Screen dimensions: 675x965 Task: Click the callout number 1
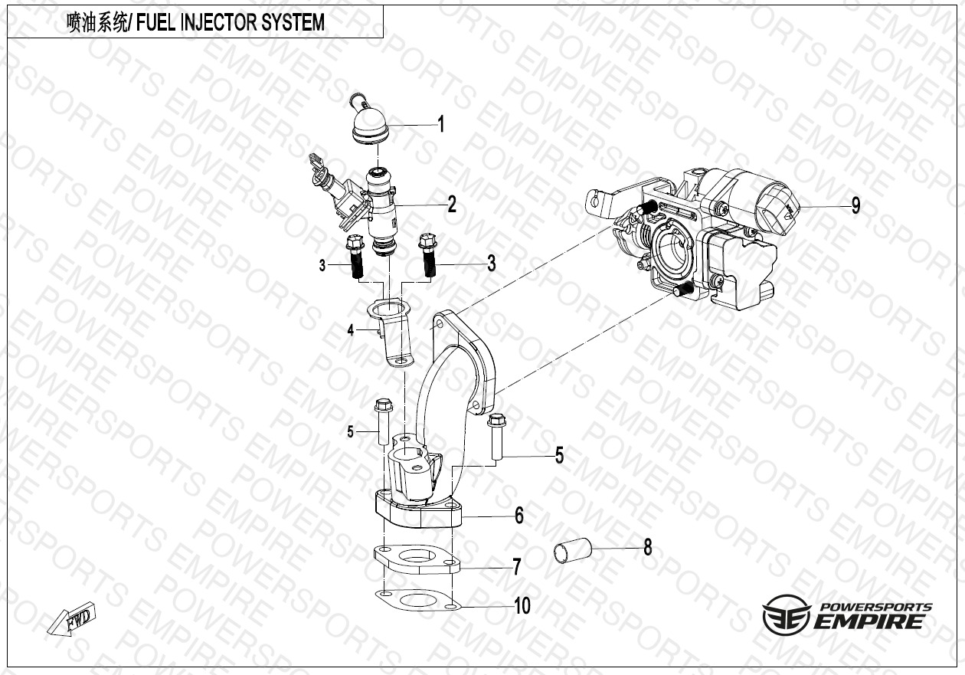[x=440, y=124]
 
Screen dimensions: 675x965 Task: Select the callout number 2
[x=452, y=205]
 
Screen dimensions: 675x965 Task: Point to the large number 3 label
[x=491, y=264]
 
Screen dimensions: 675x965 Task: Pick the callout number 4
[x=351, y=331]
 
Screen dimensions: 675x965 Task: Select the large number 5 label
[x=559, y=456]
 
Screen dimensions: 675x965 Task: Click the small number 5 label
[x=351, y=432]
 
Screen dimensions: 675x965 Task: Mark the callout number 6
[x=519, y=516]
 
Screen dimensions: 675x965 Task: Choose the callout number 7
[x=517, y=567]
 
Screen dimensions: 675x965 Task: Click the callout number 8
[x=648, y=548]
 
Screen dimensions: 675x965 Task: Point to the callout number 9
[x=855, y=205]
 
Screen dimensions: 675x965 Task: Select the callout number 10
[x=522, y=606]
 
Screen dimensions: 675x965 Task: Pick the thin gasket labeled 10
[x=417, y=601]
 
